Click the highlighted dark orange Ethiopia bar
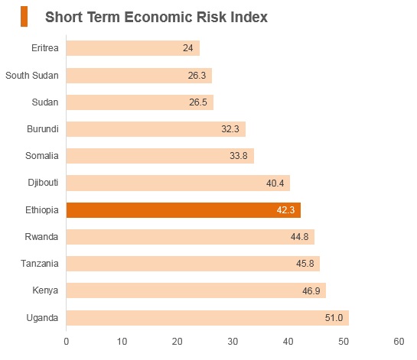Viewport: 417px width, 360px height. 184,210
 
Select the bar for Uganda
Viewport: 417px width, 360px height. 207,318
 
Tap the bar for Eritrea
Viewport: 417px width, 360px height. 133,48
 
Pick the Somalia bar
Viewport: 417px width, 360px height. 160,156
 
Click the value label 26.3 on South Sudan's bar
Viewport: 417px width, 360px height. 197,76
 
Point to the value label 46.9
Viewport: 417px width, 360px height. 311,291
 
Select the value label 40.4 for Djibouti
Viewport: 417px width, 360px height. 275,183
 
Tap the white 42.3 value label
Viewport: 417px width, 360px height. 285,210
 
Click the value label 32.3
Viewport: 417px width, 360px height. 230,129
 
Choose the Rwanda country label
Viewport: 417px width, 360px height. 41,237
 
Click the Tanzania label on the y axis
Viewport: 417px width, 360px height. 40,264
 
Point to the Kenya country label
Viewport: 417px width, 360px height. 45,290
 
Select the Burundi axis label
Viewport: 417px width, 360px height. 43,129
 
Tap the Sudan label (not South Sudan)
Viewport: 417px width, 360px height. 45,102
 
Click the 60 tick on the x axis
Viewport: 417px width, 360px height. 399,342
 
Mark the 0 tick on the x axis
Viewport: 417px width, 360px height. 67,342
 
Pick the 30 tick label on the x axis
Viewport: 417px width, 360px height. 233,342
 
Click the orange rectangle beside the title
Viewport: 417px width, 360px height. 24,17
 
